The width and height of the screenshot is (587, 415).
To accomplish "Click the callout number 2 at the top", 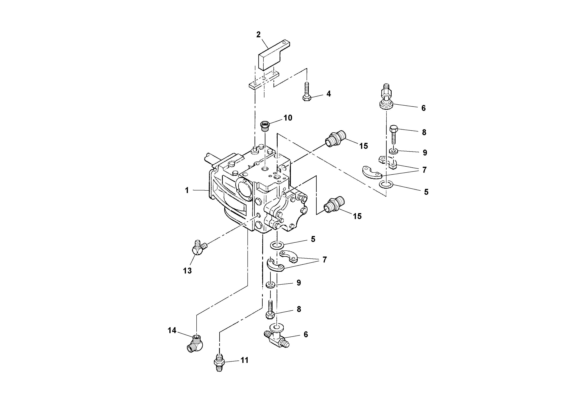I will [259, 35].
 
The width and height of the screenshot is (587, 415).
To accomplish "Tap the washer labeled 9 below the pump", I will [271, 285].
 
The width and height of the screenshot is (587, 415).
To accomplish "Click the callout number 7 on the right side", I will [424, 170].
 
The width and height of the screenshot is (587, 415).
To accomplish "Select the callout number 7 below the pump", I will [324, 260].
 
